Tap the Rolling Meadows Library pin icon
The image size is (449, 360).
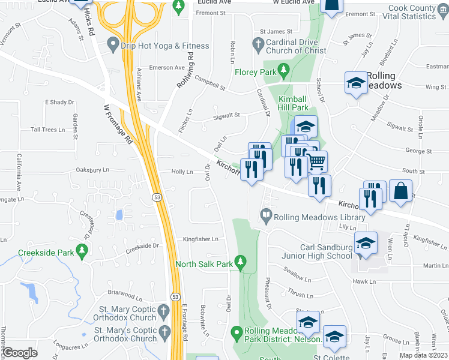265,215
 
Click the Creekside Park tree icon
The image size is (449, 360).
81,253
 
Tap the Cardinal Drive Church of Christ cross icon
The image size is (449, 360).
258,44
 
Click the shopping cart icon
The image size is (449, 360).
316,161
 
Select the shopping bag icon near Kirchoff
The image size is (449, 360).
401,191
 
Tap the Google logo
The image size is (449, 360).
20,352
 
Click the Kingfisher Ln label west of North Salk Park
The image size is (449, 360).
200,239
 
